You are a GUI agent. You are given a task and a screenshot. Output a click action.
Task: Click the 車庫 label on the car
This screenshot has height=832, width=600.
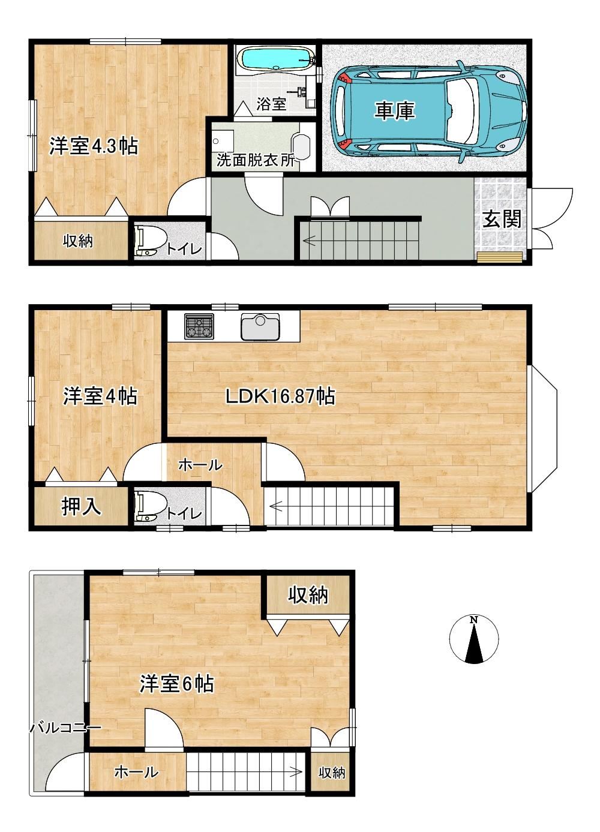pyautogui.click(x=394, y=111)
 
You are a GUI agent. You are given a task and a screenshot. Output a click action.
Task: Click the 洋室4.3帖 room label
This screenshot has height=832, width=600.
pyautogui.click(x=94, y=146)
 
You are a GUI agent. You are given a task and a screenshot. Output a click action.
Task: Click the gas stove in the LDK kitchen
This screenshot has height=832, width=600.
pyautogui.click(x=199, y=326)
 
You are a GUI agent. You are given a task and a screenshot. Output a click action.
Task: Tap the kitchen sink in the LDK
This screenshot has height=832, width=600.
pyautogui.click(x=260, y=326)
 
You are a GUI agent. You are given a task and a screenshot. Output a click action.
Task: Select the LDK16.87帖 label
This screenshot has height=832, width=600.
pyautogui.click(x=280, y=397)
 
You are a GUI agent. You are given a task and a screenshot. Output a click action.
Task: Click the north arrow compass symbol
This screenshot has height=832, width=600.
pyautogui.click(x=473, y=639)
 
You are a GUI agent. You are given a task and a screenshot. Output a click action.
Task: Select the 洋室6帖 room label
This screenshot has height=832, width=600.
pyautogui.click(x=176, y=684)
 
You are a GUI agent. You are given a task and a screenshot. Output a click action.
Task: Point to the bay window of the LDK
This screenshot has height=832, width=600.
pyautogui.click(x=544, y=429)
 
